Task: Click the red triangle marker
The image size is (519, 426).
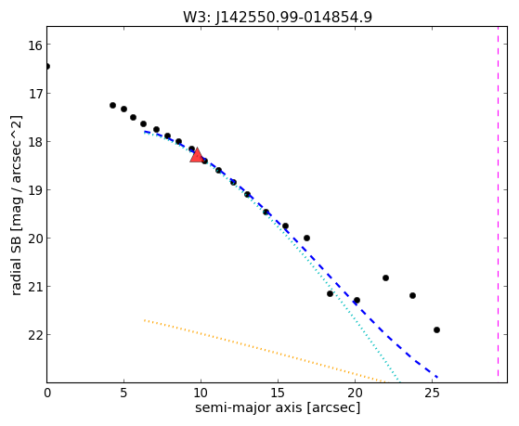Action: click(197, 156)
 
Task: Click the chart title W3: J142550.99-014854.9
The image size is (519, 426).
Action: click(278, 17)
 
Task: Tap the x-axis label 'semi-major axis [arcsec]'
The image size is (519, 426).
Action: click(278, 407)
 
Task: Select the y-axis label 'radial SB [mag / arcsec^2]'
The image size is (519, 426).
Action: click(17, 205)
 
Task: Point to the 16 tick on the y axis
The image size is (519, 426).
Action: click(34, 45)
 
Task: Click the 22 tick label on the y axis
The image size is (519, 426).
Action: click(34, 335)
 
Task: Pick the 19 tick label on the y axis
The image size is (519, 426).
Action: click(34, 190)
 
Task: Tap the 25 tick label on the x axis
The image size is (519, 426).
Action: click(432, 394)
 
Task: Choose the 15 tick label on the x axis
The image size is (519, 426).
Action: click(278, 394)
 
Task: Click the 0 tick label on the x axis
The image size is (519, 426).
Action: click(47, 394)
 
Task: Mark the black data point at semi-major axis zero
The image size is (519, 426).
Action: click(47, 67)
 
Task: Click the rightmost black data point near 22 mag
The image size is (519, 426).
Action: click(436, 329)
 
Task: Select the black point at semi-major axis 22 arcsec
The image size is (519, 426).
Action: click(385, 278)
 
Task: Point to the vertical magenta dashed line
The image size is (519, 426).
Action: click(498, 204)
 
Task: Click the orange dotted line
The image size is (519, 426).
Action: click(265, 351)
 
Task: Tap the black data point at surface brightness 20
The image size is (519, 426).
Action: click(306, 238)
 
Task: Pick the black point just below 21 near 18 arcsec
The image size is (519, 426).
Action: click(330, 293)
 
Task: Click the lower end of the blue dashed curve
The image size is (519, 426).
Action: click(437, 377)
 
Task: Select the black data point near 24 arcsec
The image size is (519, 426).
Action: click(412, 295)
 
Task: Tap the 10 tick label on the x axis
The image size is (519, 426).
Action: click(201, 394)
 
